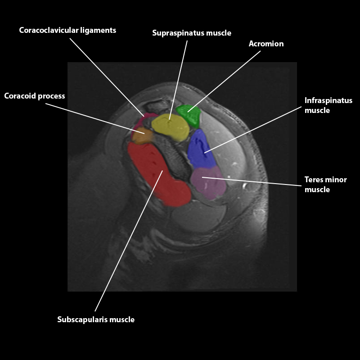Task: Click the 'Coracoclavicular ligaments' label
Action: point(67,31)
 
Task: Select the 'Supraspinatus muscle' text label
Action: point(192,33)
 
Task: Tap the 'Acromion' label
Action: point(266,44)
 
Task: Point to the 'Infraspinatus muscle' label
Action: point(328,105)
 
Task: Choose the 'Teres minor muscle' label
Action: point(326,184)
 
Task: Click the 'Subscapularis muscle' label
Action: point(96,319)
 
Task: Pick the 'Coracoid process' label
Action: point(35,96)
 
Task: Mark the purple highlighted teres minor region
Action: point(207,182)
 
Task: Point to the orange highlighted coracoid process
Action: point(142,135)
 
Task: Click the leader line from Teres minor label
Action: point(252,182)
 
